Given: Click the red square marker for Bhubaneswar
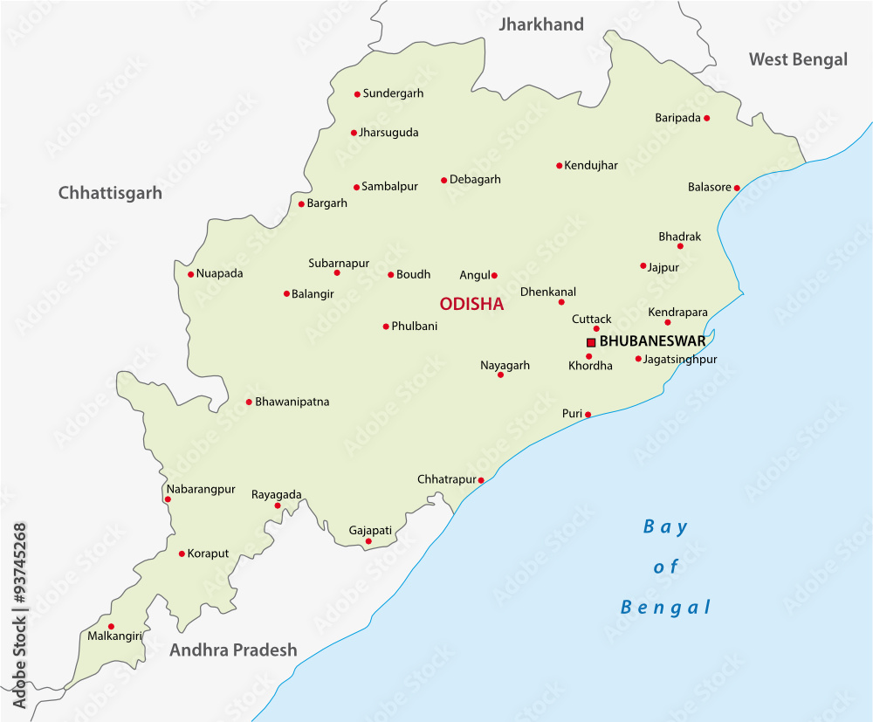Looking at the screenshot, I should [591, 342].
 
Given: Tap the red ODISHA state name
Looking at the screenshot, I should [471, 304].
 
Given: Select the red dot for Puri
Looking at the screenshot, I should [588, 415].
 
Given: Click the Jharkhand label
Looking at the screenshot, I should [540, 24].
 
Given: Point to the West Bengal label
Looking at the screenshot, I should [798, 59].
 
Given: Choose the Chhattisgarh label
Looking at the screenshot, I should [110, 193].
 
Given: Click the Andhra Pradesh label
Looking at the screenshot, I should [233, 650].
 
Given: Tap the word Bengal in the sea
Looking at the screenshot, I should [666, 608].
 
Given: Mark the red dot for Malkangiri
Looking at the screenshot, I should [111, 626].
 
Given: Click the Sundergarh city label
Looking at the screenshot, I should [393, 93].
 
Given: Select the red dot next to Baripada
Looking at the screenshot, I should [706, 118].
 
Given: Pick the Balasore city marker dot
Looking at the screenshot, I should [737, 188].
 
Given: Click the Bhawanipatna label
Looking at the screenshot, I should [292, 402].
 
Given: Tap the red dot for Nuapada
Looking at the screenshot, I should [190, 274].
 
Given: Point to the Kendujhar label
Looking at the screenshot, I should [591, 165].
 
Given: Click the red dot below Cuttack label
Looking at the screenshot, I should [596, 329].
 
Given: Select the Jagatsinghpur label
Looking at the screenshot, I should [679, 359].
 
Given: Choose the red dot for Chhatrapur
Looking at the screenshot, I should [481, 480].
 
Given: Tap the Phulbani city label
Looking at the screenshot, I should [415, 326].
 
